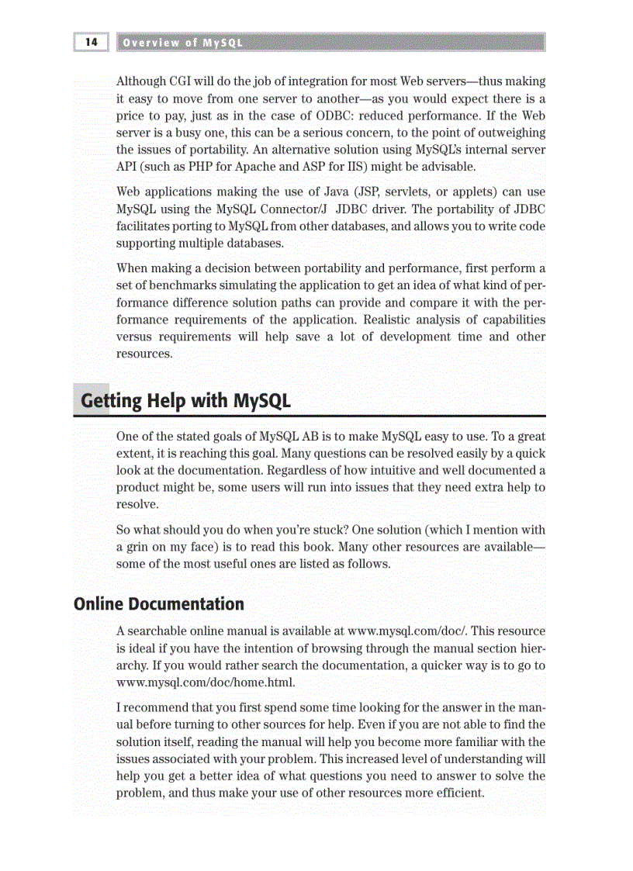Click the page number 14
92,43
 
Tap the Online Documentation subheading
159,603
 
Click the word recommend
158,708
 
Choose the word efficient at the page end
460,793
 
